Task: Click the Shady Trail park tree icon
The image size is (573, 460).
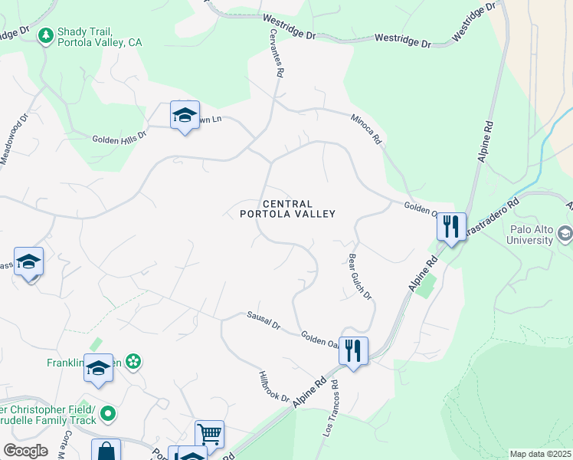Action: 46,34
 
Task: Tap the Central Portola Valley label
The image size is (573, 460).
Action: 287,209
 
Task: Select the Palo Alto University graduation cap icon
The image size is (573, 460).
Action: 565,232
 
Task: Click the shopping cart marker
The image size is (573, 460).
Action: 209,434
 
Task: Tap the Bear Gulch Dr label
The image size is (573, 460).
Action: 359,277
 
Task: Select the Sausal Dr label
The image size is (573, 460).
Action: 264,320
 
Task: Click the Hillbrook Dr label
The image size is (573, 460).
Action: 273,388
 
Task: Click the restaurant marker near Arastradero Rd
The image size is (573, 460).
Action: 451,227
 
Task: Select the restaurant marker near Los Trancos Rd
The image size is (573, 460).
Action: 352,351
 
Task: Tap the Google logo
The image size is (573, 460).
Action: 25,451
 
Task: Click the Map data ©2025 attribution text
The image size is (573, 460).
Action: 541,454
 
